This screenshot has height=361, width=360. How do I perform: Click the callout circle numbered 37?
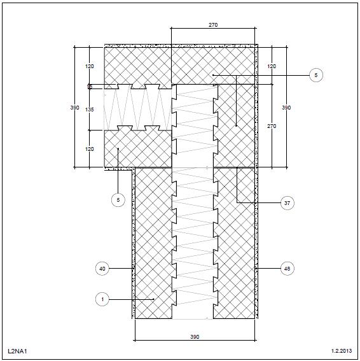[287, 203]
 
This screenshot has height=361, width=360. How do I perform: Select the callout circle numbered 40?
[102, 269]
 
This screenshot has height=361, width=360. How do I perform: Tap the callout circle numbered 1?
[102, 299]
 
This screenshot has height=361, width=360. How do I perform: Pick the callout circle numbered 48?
[287, 269]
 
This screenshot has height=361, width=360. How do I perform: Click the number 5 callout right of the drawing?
[316, 75]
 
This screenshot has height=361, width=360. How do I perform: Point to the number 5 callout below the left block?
[118, 200]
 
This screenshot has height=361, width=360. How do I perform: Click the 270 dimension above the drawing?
[213, 25]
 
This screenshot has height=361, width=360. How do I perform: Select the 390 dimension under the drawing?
[195, 337]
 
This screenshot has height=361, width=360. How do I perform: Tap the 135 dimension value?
[90, 110]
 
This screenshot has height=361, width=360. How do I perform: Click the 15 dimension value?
[90, 87]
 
